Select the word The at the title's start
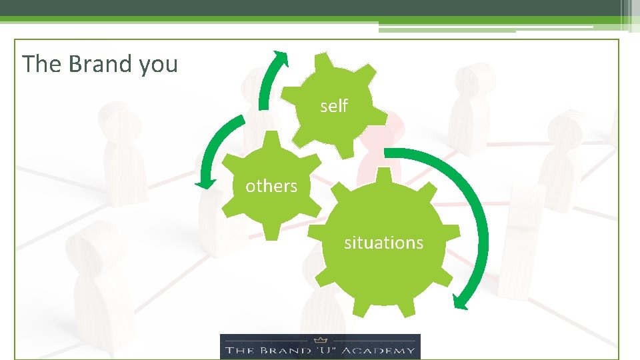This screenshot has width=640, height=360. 41,64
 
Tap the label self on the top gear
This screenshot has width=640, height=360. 334,105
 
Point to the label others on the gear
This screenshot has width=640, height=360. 271,186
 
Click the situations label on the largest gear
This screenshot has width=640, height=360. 383,243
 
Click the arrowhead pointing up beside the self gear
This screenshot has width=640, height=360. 281,59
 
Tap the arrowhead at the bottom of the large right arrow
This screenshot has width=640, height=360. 461,301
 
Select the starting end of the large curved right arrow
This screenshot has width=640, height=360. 389,153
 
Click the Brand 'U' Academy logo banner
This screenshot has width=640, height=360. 320,347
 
